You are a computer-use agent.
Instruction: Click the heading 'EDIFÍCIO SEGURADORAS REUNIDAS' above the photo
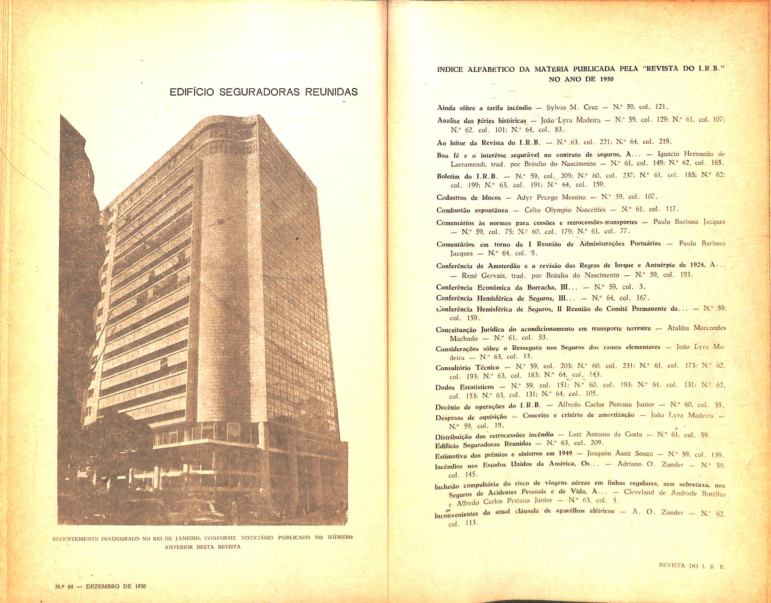point(263,92)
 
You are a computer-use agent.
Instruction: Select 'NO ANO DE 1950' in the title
point(581,80)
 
